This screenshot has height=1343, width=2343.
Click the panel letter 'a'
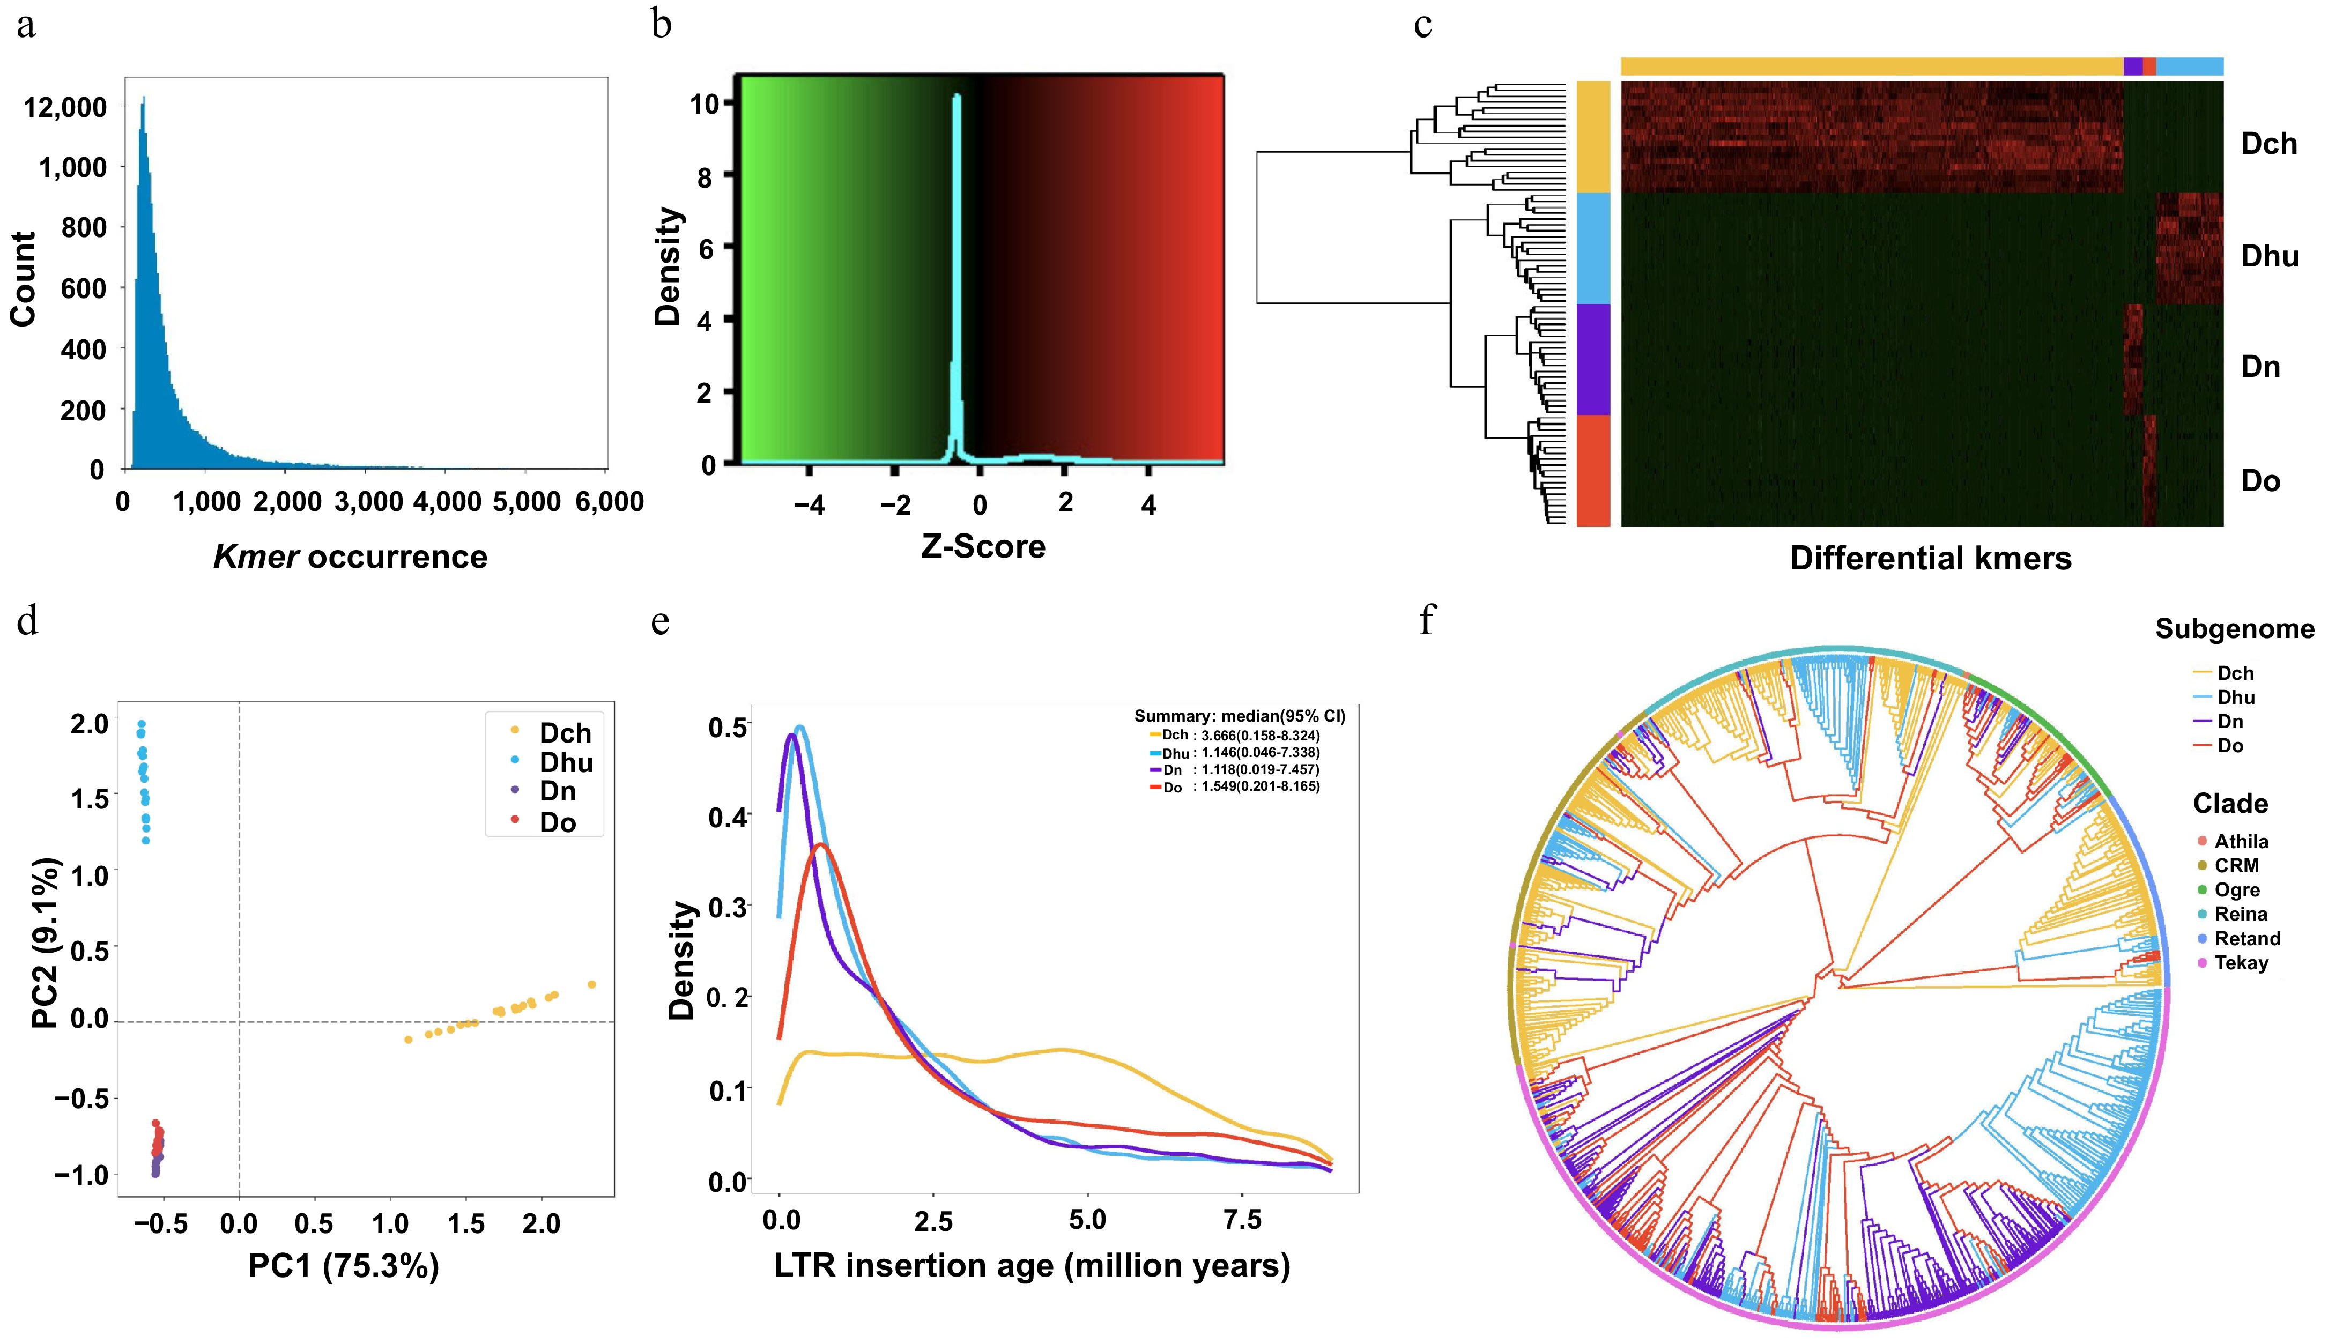click(x=26, y=24)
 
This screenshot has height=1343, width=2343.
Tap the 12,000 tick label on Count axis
click(x=65, y=108)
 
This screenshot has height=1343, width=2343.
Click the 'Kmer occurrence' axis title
click(x=351, y=557)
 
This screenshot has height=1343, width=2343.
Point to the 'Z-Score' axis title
click(x=983, y=547)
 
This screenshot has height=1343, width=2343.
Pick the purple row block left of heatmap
click(x=1593, y=360)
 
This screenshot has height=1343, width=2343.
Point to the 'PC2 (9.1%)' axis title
click(x=46, y=943)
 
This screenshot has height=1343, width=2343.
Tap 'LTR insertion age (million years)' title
click(x=1031, y=1265)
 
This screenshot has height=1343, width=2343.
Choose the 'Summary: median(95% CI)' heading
click(x=1239, y=716)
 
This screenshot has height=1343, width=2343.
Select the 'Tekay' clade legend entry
click(x=2241, y=963)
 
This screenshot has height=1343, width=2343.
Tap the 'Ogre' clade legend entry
click(x=2237, y=890)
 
